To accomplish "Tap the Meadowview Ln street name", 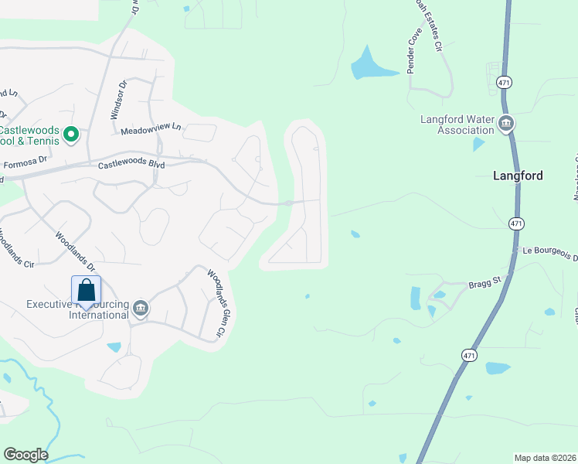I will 151,127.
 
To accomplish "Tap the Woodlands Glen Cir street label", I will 215,302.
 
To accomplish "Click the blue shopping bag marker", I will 86,292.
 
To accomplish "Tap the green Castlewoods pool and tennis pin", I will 71,135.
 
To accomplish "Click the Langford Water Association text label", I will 457,125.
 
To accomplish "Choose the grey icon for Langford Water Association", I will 506,123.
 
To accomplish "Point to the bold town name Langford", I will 518,176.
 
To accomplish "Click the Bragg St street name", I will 485,285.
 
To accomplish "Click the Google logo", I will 25,455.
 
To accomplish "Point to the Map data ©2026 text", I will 546,458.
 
